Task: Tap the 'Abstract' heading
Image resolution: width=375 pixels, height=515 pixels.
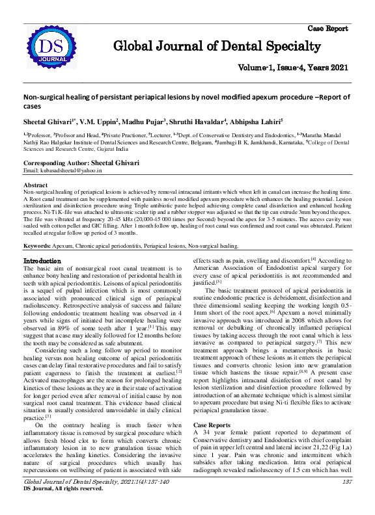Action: tap(35, 185)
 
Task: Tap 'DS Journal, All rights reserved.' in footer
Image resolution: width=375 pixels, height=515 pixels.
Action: tap(63, 488)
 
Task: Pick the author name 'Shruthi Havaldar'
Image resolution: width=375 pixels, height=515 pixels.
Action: tap(204, 121)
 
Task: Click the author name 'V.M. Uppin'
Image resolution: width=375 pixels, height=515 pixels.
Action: tap(98, 121)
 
